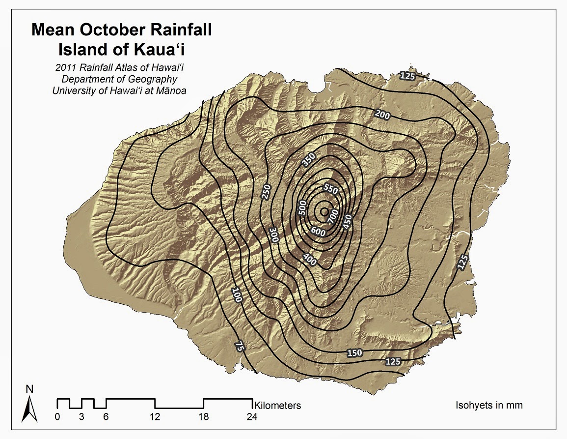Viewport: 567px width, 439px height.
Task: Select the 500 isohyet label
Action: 303,207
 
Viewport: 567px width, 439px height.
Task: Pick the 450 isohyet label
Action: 348,222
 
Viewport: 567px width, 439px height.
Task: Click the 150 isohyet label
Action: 354,353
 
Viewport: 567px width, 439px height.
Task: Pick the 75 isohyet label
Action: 239,346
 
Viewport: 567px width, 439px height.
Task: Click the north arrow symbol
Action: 30,406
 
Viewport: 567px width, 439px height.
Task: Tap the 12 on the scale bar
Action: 156,417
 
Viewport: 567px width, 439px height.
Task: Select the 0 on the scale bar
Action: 57,417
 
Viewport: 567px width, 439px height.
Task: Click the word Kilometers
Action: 277,406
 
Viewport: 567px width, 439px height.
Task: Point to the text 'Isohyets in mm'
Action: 489,406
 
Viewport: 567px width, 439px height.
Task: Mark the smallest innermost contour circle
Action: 324,211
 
